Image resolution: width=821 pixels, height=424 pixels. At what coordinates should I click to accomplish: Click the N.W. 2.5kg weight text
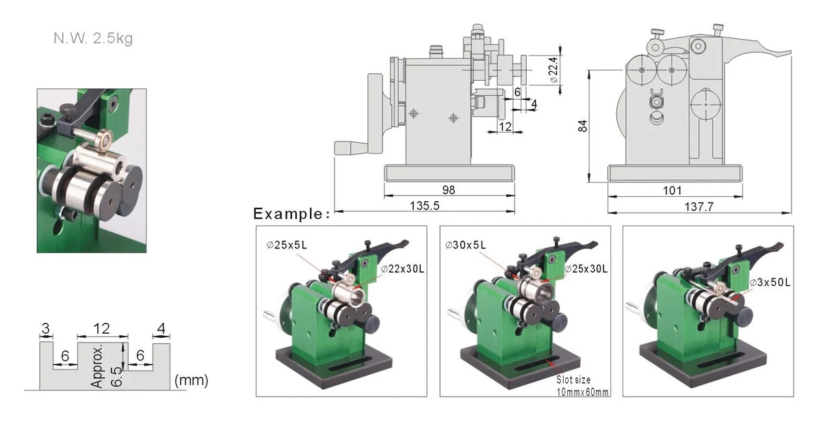pyautogui.click(x=93, y=38)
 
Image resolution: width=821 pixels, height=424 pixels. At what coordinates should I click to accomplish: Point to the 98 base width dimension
pyautogui.click(x=449, y=189)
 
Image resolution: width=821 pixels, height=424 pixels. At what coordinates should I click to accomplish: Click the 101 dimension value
pyautogui.click(x=672, y=190)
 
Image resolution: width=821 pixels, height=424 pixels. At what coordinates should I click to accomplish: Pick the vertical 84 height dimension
pyautogui.click(x=583, y=126)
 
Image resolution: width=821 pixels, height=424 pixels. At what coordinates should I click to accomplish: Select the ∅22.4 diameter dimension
pyautogui.click(x=554, y=70)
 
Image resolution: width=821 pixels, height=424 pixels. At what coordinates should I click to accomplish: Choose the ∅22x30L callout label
pyautogui.click(x=403, y=269)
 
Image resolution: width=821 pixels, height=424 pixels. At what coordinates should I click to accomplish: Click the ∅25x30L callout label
pyautogui.click(x=587, y=269)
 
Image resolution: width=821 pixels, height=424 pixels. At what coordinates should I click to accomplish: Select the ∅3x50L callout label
pyautogui.click(x=770, y=282)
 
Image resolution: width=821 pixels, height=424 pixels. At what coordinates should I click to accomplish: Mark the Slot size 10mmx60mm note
pyautogui.click(x=582, y=386)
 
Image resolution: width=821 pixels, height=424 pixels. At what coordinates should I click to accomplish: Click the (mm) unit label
pyautogui.click(x=192, y=380)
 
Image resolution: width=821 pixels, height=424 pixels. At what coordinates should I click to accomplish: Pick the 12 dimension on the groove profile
pyautogui.click(x=102, y=330)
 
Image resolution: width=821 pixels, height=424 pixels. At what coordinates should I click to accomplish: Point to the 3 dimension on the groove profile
pyautogui.click(x=45, y=330)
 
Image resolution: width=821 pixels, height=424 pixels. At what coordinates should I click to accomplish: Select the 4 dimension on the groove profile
pyautogui.click(x=161, y=330)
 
